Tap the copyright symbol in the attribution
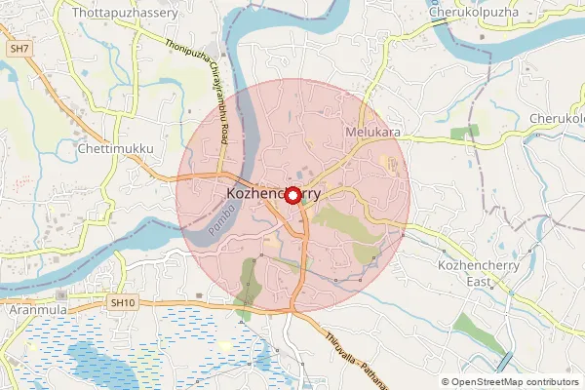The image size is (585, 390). pyautogui.click(x=445, y=381)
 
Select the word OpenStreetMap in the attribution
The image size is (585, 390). pyautogui.click(x=485, y=381)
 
